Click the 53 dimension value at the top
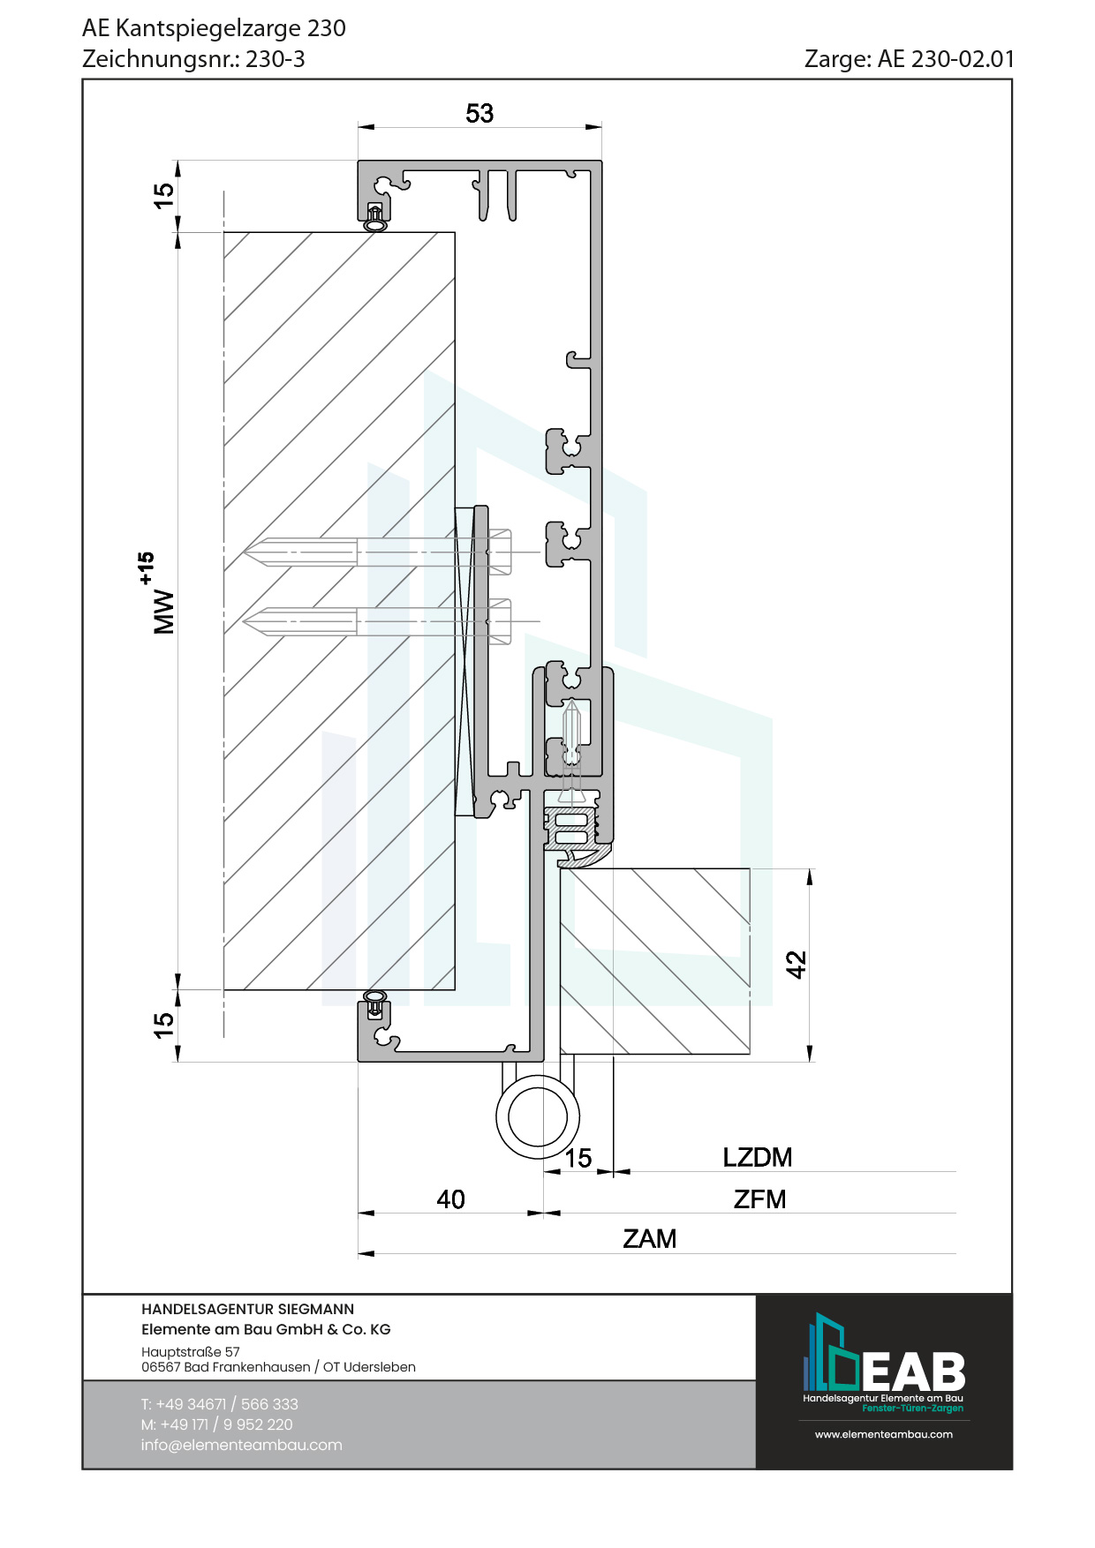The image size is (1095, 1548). [480, 114]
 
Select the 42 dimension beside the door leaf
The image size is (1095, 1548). [797, 965]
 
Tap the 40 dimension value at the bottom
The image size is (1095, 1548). [450, 1199]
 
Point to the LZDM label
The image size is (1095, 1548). [757, 1157]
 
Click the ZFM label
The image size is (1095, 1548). [759, 1199]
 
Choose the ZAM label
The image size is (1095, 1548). [649, 1239]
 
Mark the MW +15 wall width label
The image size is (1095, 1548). [160, 596]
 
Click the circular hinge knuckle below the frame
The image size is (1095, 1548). [537, 1116]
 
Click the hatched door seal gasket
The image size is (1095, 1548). [574, 834]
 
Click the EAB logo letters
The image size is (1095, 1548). [913, 1372]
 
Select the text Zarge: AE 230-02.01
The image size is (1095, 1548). [909, 59]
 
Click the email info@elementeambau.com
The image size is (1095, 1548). [241, 1445]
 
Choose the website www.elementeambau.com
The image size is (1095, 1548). [883, 1434]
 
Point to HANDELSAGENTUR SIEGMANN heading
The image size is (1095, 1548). [247, 1310]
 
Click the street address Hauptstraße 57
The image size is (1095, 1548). [190, 1351]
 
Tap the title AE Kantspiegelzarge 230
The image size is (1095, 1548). [214, 28]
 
